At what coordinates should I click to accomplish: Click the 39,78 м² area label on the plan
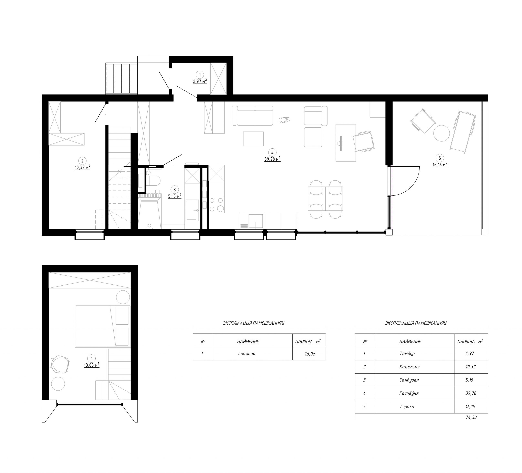272,159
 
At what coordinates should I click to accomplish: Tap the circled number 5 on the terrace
440,158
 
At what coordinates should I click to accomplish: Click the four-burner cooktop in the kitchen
217,205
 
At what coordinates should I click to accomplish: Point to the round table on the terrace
442,133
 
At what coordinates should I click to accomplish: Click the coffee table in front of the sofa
253,139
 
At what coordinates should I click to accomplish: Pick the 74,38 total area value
471,417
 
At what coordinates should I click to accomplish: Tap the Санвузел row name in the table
409,380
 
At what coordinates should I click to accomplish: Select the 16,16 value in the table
470,406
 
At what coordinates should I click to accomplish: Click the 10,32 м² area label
83,167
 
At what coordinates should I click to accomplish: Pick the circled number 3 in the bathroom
175,190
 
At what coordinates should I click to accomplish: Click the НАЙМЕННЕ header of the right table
410,342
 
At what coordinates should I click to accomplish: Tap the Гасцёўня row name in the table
409,393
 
